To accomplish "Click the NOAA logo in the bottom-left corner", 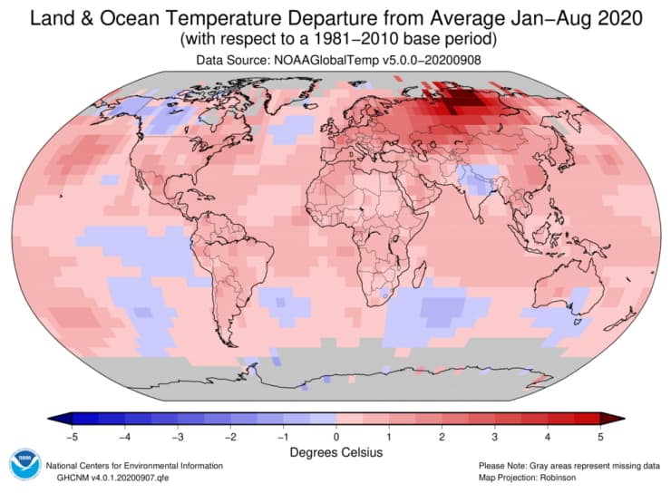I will tap(24, 465).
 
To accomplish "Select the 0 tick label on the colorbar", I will tap(336, 436).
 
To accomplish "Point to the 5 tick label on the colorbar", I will tap(600, 436).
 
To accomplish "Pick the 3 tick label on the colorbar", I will tap(494, 436).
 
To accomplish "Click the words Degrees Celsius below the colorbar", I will tap(335, 451).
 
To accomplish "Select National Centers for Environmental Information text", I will tap(136, 465).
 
